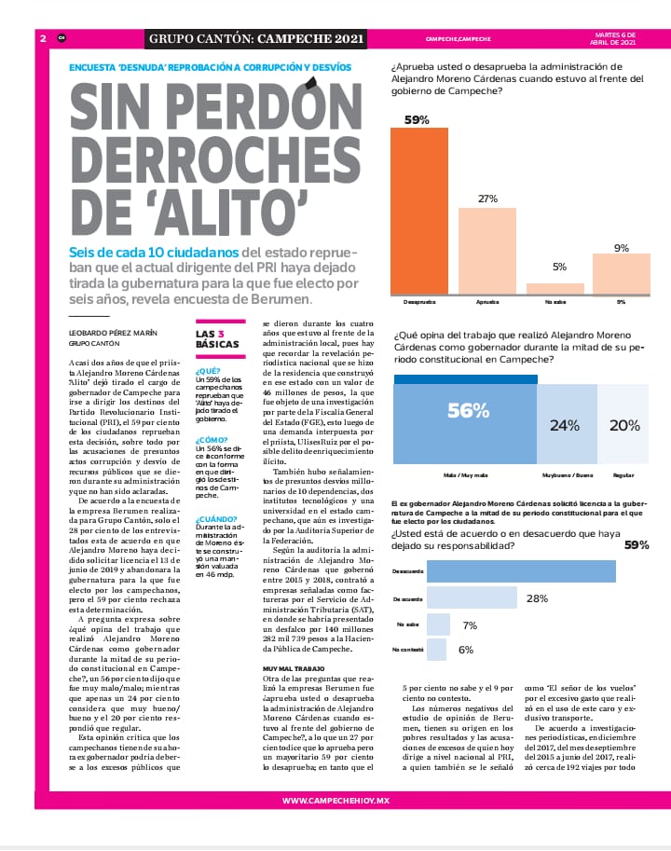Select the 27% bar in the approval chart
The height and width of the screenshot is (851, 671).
click(x=487, y=251)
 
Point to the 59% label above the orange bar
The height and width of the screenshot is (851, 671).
click(x=417, y=119)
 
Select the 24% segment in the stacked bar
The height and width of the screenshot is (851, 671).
click(x=565, y=425)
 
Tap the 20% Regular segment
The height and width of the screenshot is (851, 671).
click(x=623, y=425)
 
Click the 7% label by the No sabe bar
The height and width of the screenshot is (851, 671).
click(x=470, y=625)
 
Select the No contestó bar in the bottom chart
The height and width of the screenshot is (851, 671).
click(x=436, y=650)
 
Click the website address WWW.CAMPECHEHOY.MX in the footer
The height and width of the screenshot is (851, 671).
click(x=335, y=801)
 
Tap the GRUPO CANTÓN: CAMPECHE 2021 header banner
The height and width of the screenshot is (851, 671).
click(x=256, y=39)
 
